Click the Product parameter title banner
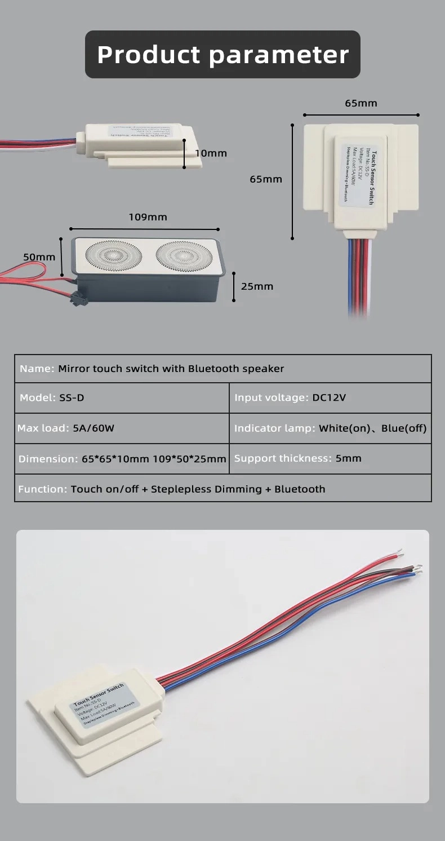click(222, 55)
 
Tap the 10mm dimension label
click(211, 153)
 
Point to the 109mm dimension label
click(148, 217)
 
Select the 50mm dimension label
click(39, 256)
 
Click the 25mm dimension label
click(257, 286)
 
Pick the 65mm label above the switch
click(361, 103)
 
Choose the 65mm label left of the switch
click(266, 179)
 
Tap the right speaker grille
click(184, 255)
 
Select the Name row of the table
click(222, 369)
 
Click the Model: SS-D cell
click(122, 397)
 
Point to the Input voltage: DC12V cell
click(330, 397)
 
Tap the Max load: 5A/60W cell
click(122, 428)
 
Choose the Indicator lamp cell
click(330, 428)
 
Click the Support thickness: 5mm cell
click(330, 458)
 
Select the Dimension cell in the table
click(122, 458)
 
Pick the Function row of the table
click(222, 489)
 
